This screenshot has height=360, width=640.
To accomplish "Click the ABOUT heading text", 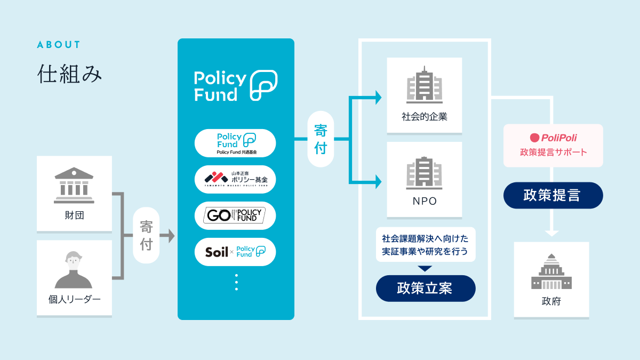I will coord(59,45).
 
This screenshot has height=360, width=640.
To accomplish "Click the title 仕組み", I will coord(69,74).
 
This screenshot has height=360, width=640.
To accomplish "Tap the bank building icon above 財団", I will coord(74,185).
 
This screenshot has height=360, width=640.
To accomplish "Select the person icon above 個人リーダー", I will coord(74,269).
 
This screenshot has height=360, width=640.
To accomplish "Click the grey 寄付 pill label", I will coord(146,236).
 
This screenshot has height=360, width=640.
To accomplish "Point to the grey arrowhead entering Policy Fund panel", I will coord(171,236).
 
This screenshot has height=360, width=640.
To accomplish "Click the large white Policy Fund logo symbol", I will coord(264,85).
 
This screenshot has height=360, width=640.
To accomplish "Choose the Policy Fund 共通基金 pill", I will coord(235,143).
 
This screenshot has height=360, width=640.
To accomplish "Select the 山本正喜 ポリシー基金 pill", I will coord(235,180).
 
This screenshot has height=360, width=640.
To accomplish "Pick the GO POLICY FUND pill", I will coord(235,215).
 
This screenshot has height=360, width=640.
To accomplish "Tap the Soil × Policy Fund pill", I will coord(235,252).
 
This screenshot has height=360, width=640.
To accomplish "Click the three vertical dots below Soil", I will coord(236,282).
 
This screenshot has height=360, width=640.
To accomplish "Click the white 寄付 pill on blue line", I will coord(321,140).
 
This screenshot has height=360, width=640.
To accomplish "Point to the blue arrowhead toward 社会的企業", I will coord(378,97).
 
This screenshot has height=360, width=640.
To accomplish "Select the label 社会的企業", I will coord(425,117).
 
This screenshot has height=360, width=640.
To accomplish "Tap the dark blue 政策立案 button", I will coord(425,289).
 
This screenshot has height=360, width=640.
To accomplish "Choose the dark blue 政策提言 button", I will coord(553,195).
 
